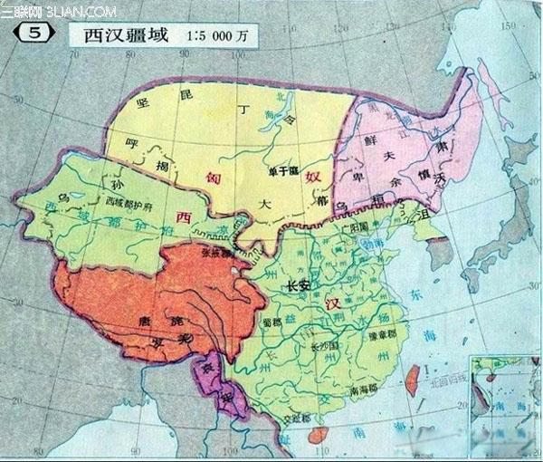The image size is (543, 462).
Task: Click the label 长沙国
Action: click(323, 346)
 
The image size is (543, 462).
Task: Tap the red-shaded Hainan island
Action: click(319, 436)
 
